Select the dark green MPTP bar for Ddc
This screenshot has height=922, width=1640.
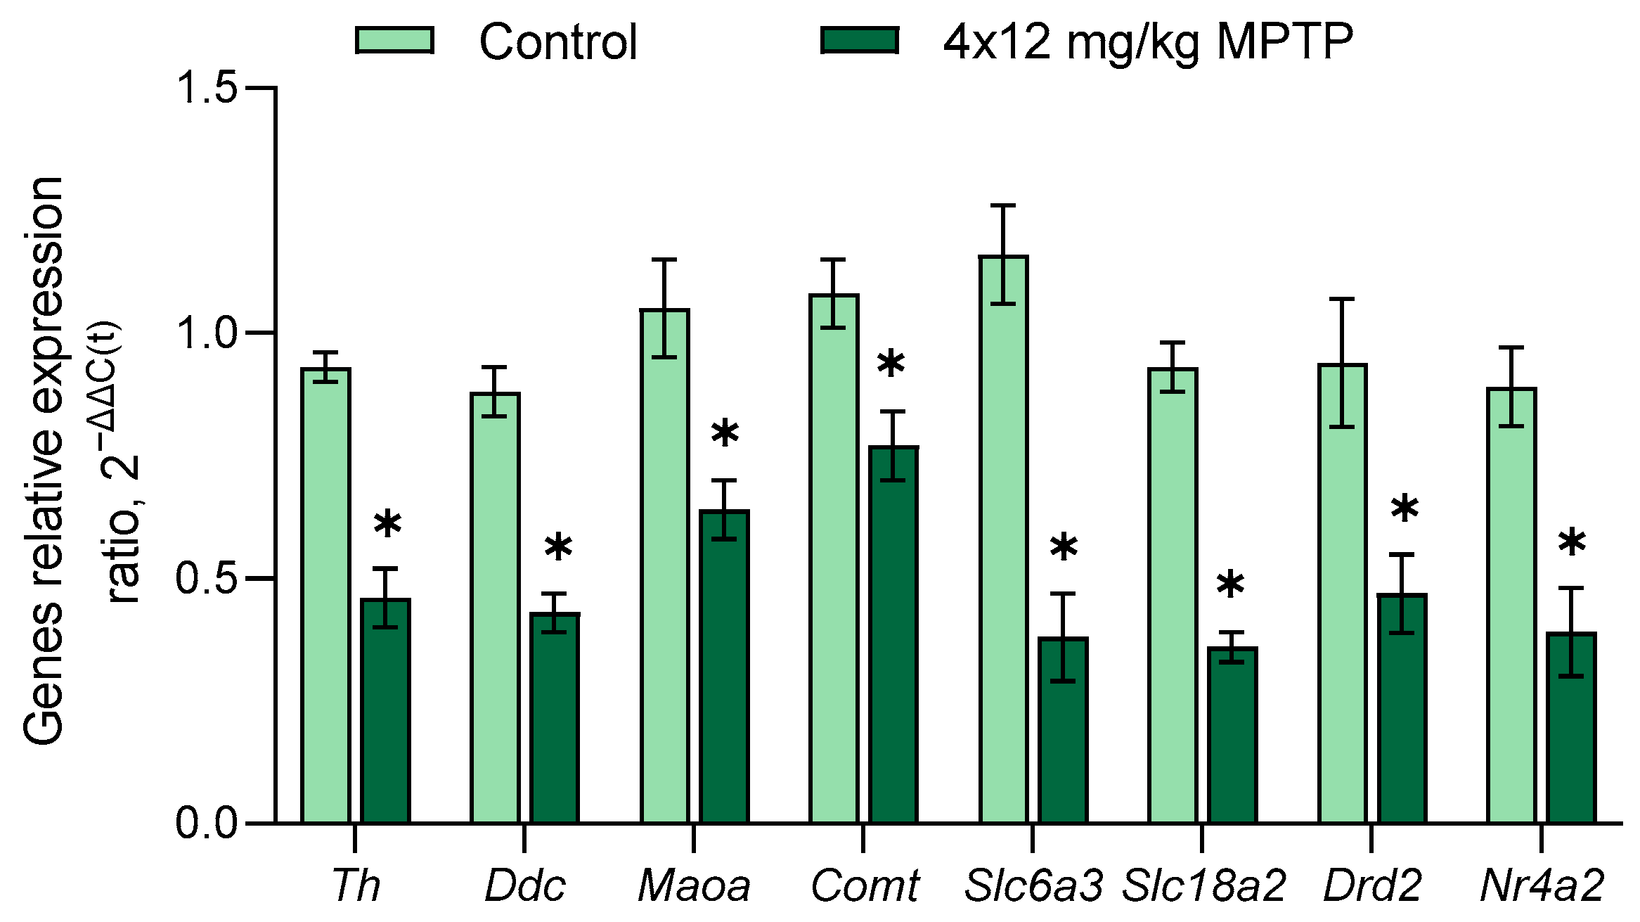click(555, 717)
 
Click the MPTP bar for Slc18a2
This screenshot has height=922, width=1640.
click(1232, 735)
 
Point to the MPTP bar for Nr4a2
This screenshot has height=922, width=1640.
click(1571, 727)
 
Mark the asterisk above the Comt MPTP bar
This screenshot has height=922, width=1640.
click(891, 364)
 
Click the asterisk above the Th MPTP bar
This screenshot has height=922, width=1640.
click(387, 525)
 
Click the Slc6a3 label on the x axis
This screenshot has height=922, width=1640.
click(1033, 885)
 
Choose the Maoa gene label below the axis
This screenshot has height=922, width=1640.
click(694, 885)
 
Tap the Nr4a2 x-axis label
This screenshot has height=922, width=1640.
click(1542, 885)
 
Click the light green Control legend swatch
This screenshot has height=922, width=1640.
click(394, 40)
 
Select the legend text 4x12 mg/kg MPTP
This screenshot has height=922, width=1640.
click(1147, 42)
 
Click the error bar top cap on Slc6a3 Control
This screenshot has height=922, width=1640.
click(1003, 205)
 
